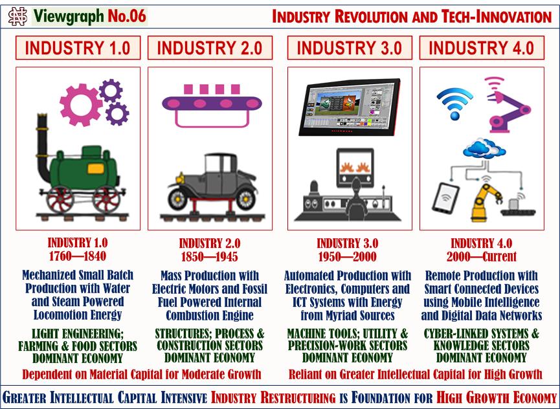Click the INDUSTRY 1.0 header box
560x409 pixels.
[78, 47]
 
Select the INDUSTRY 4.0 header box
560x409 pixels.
[481, 47]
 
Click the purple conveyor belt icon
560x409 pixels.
[215, 104]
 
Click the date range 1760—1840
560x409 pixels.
[78, 256]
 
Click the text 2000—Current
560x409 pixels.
[481, 256]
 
